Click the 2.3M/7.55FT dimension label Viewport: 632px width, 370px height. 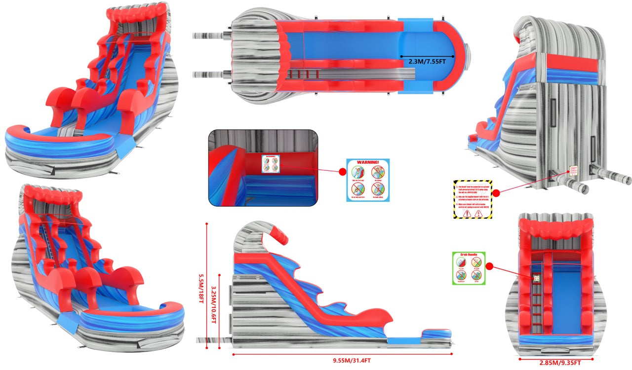point(427,63)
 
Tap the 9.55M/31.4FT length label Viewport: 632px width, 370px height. point(342,361)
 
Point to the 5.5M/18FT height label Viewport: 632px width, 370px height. point(201,285)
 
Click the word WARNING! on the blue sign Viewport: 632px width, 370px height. point(367,162)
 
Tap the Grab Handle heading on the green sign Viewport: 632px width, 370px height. point(469,256)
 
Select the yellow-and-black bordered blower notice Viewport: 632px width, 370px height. point(473,199)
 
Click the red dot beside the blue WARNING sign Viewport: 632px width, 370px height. point(342,172)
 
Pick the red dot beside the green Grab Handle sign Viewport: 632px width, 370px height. point(490,266)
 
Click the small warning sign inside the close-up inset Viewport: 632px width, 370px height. point(270,163)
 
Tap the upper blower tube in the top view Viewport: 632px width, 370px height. point(208,35)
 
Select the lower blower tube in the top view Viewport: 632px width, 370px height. point(208,74)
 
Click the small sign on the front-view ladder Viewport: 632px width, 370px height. point(536,279)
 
